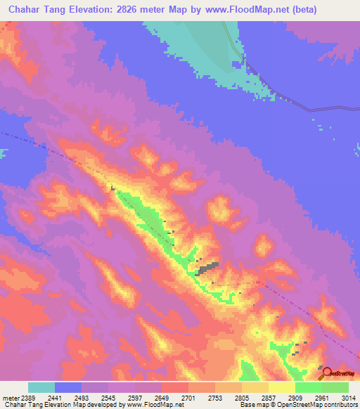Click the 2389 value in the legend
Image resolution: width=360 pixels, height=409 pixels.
27,397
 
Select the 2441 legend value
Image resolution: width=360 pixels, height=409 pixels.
55,397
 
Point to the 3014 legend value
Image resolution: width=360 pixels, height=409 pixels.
348,397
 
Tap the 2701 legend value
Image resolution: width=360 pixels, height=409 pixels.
188,397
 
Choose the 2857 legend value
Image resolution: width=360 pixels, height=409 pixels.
269,397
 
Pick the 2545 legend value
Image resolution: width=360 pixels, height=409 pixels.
108,397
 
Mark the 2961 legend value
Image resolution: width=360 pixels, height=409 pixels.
322,397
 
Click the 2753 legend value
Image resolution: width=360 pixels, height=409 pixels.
215,397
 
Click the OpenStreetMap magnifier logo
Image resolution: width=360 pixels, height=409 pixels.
325,372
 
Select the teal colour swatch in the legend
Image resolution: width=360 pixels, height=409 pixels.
41,387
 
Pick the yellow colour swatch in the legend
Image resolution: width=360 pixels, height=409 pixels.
282,387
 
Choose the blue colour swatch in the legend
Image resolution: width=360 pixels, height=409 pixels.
68,387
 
